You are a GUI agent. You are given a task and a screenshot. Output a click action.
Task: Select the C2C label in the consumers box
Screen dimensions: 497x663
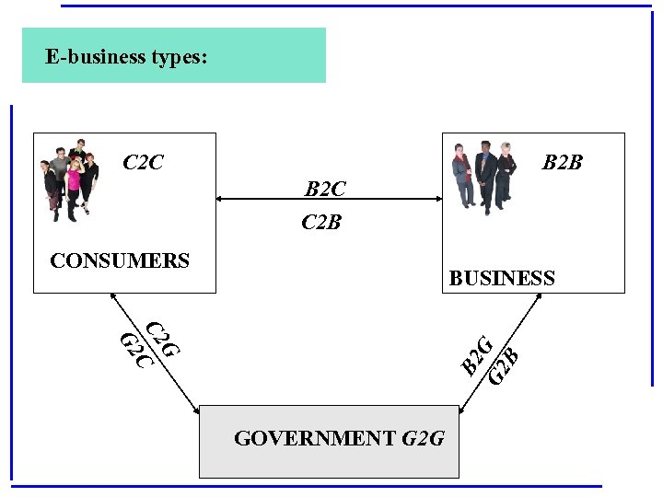click(x=143, y=163)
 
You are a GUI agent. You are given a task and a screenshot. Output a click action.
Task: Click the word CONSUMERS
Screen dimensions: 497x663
click(x=120, y=260)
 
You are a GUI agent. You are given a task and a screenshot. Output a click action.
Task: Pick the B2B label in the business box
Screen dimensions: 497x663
click(x=562, y=163)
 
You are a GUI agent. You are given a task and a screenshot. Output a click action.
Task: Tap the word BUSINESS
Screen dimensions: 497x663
click(x=502, y=278)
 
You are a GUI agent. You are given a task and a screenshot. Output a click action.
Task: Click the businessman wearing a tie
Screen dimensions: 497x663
click(x=485, y=175)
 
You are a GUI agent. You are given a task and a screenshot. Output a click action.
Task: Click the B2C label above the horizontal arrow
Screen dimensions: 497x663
click(x=325, y=190)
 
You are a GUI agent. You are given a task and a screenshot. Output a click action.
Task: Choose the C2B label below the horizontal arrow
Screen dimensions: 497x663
click(x=321, y=222)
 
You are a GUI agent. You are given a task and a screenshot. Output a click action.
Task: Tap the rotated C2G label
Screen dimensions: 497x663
click(x=163, y=339)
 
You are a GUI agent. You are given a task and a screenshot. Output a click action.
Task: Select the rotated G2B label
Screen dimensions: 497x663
click(x=504, y=365)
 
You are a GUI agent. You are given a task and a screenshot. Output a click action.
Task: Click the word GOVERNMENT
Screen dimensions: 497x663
click(x=315, y=438)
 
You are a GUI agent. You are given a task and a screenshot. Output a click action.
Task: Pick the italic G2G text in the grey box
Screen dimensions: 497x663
click(x=424, y=438)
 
